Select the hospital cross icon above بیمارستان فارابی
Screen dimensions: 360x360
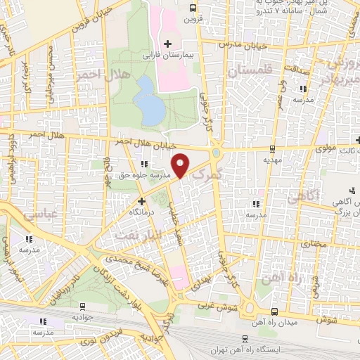pyautogui.click(x=167, y=44)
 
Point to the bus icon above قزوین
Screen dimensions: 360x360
pyautogui.click(x=193, y=8)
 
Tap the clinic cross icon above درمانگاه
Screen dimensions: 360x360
pyautogui.click(x=141, y=201)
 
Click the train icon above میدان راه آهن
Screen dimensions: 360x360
pyautogui.click(x=274, y=312)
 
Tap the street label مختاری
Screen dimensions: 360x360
pyautogui.click(x=314, y=243)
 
